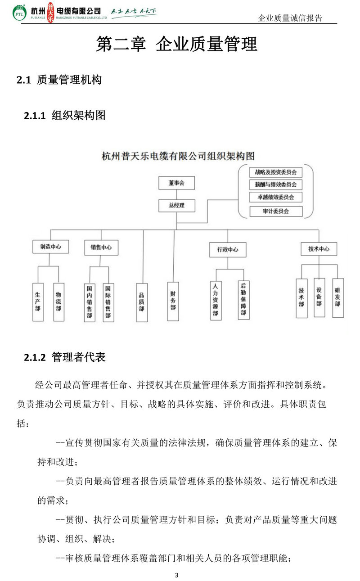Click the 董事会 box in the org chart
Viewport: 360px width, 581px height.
[177, 183]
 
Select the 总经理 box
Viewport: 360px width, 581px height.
[177, 205]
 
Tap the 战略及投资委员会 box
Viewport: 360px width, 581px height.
[276, 172]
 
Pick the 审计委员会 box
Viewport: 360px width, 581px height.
[276, 211]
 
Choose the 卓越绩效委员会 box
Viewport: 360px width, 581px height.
[276, 197]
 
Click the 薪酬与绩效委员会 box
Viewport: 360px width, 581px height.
[276, 185]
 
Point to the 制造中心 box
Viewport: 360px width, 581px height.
[50, 247]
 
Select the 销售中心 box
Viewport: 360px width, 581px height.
[101, 248]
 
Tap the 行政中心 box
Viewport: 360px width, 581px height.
[228, 249]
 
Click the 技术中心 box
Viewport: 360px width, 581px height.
[319, 249]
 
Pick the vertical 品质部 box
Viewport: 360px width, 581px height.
[142, 302]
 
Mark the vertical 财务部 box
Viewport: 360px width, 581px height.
[173, 302]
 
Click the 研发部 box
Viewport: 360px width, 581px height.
[338, 298]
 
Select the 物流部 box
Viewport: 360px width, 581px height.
[58, 302]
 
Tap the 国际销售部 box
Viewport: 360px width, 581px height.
[108, 302]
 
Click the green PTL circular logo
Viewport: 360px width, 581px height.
[19, 13]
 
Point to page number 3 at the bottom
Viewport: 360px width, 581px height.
[177, 575]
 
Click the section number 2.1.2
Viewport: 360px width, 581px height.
[35, 357]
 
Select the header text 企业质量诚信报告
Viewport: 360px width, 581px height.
[290, 18]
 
